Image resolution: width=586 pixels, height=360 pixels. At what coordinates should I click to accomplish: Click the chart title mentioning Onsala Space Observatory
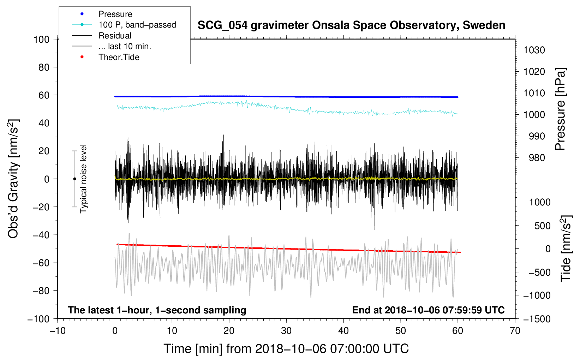coord(351,25)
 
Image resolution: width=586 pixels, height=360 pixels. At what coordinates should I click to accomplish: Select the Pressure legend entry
coord(115,14)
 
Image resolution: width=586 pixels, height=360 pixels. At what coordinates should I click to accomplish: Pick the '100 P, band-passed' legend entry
coord(137,25)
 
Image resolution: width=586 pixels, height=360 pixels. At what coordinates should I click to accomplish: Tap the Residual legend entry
coord(115,36)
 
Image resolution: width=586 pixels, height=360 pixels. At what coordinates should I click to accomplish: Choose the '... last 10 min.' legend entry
coord(125,46)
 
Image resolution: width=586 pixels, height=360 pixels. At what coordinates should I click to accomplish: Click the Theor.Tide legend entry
coord(119,57)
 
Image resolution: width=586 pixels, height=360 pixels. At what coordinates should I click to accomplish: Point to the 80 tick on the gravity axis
coord(44,67)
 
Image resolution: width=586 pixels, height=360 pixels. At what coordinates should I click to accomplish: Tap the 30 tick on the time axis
coord(286,331)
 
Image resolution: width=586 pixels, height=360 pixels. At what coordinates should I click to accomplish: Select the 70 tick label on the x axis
coord(515,331)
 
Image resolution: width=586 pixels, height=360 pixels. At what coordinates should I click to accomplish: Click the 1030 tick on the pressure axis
coord(534,50)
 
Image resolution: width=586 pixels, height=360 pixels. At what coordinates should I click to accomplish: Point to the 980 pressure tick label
coord(537,158)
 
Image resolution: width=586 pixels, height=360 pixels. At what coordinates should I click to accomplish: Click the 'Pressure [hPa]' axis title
coord(560,109)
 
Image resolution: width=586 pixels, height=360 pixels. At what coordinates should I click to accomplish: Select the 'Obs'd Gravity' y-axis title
coord(13,179)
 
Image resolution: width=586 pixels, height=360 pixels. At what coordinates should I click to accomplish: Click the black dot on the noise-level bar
coord(74,179)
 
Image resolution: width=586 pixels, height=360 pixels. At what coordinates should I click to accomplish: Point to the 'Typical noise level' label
coord(83,179)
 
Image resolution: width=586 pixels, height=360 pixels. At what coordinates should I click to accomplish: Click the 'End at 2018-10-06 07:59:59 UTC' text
coord(428,310)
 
